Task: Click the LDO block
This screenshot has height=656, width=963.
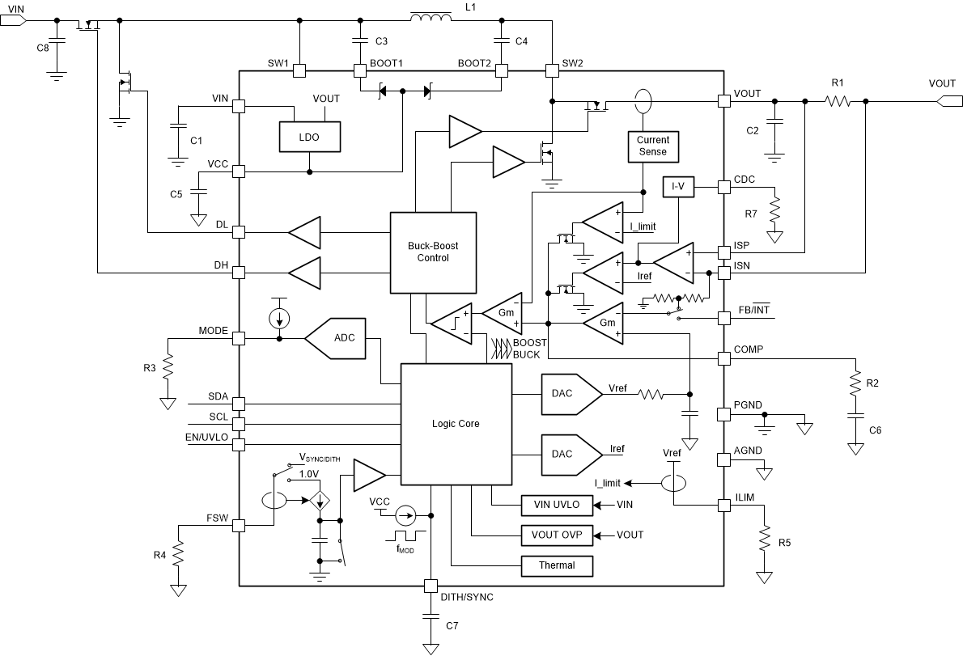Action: pyautogui.click(x=309, y=138)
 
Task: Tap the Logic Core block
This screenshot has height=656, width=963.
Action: pyautogui.click(x=456, y=424)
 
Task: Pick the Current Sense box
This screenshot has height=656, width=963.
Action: pyautogui.click(x=652, y=146)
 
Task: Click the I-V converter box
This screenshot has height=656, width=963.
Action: pyautogui.click(x=677, y=188)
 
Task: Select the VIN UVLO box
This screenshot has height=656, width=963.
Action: pyautogui.click(x=556, y=505)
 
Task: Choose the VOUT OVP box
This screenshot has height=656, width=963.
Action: pyautogui.click(x=556, y=535)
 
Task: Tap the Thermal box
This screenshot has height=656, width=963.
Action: pyautogui.click(x=556, y=565)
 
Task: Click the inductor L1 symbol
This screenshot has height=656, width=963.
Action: pyautogui.click(x=432, y=18)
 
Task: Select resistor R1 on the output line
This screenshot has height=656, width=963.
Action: pyautogui.click(x=837, y=101)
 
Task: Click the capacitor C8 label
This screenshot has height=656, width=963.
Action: pyautogui.click(x=42, y=48)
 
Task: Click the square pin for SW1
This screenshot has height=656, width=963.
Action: pyautogui.click(x=299, y=71)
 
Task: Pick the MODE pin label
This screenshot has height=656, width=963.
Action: pyautogui.click(x=214, y=331)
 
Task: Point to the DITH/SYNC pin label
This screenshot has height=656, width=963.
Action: pyautogui.click(x=466, y=597)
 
